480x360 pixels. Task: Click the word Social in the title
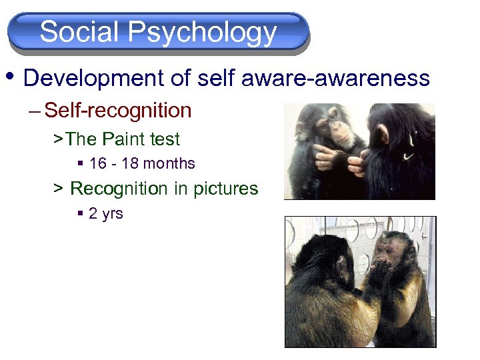pyautogui.click(x=79, y=32)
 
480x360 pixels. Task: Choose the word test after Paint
pyautogui.click(x=165, y=139)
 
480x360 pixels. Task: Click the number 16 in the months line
pyautogui.click(x=97, y=164)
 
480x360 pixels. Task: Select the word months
pyautogui.click(x=169, y=164)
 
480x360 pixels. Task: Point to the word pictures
pyautogui.click(x=225, y=189)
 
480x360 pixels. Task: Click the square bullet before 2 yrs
pyautogui.click(x=80, y=214)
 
